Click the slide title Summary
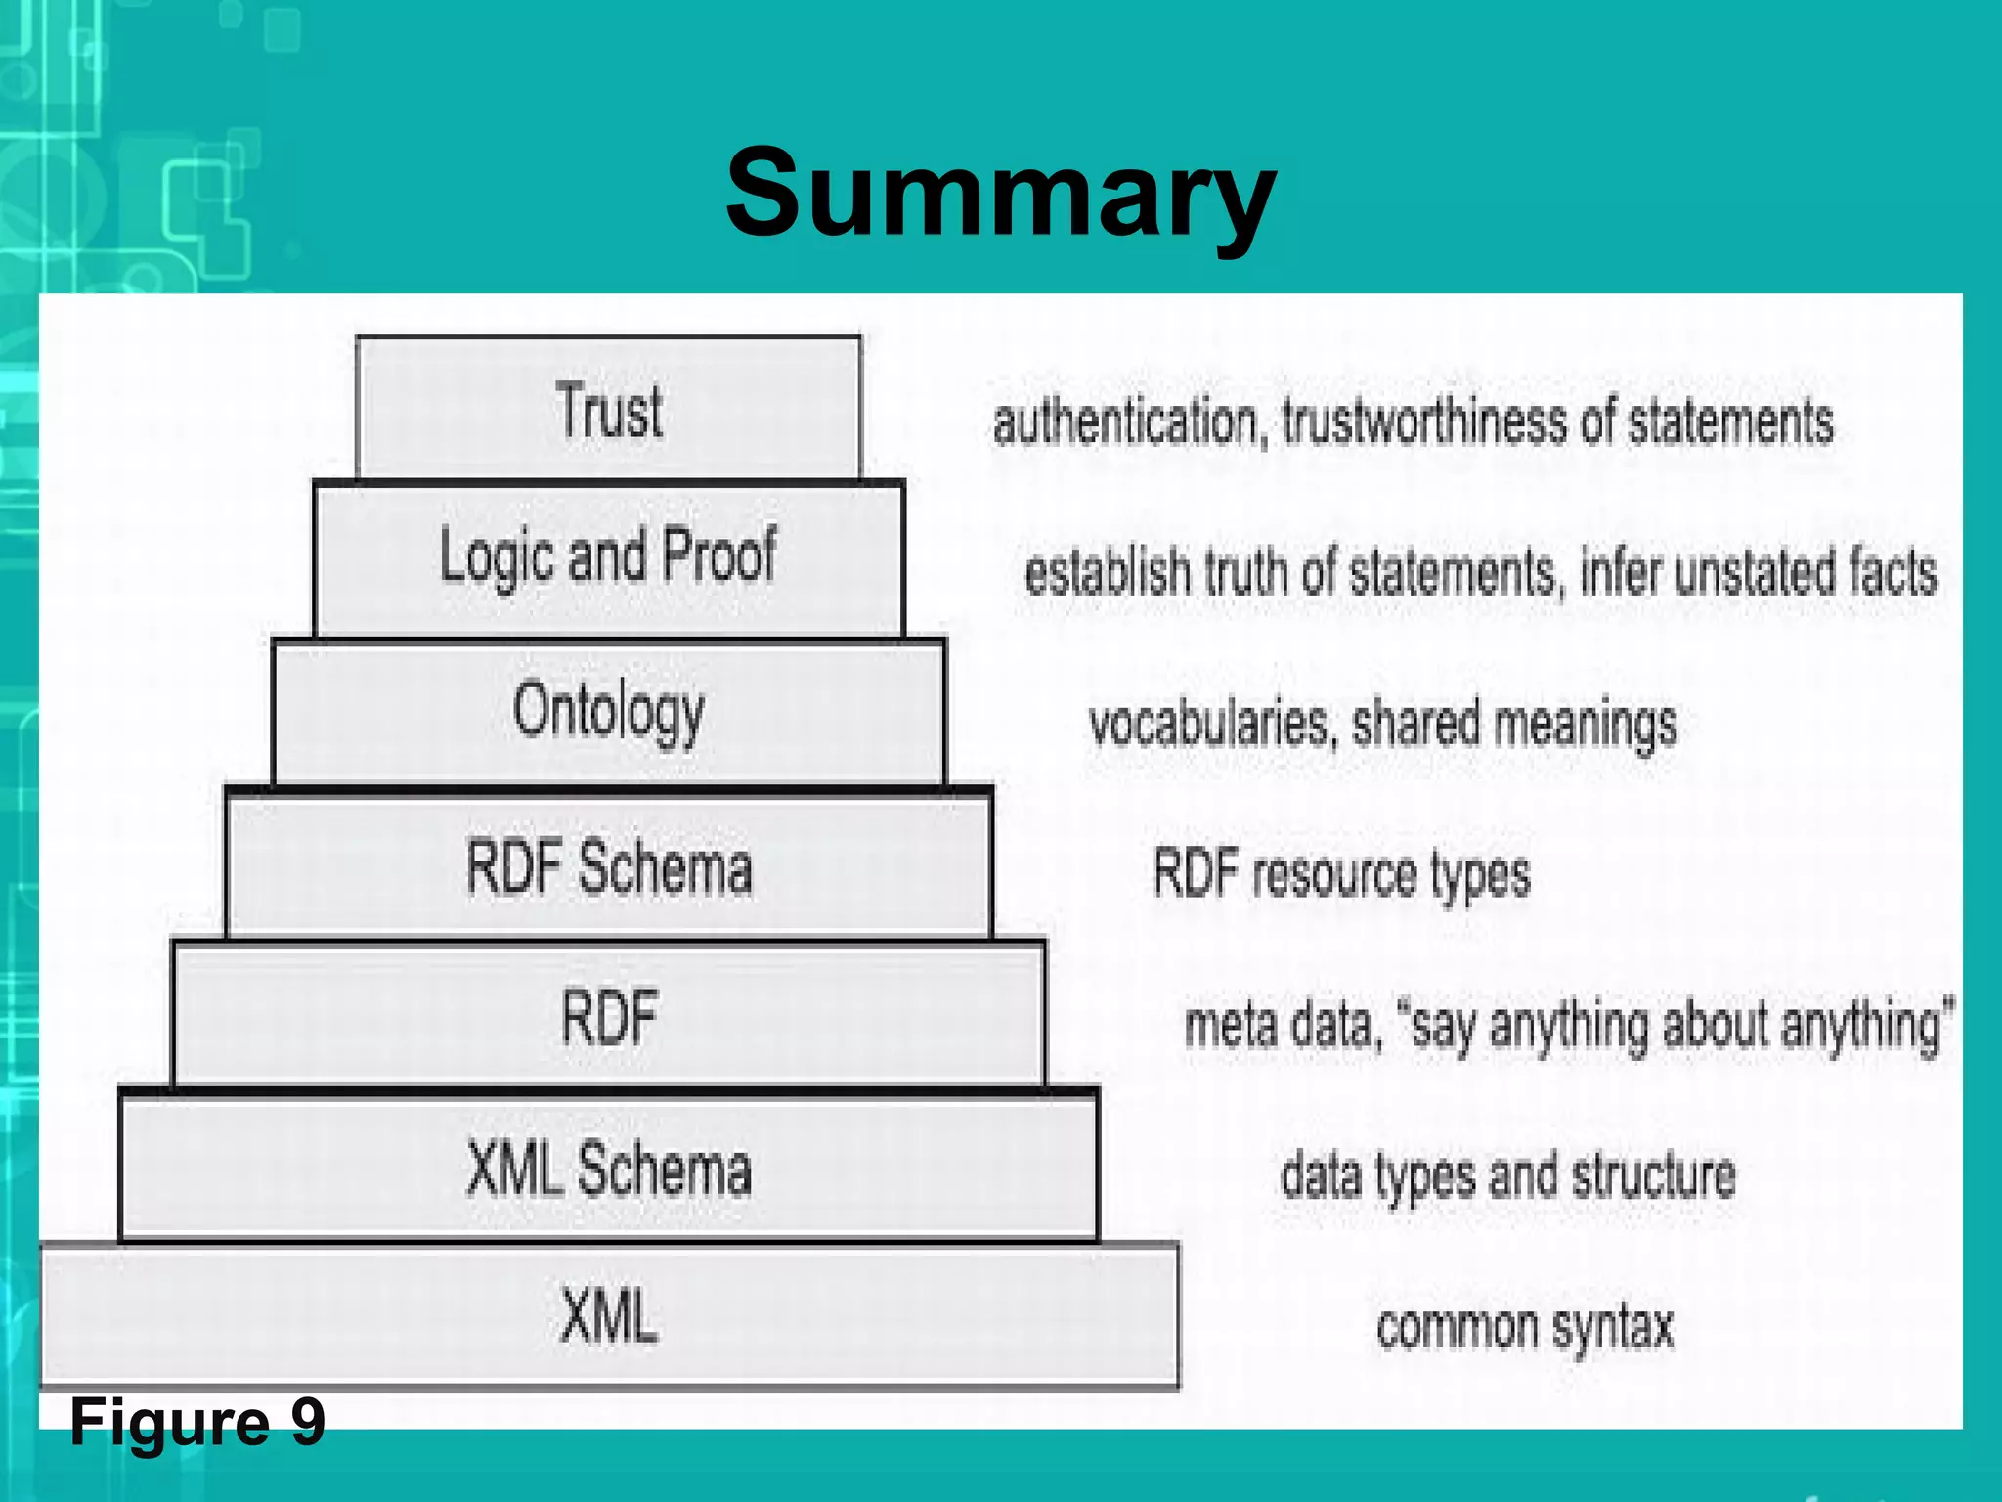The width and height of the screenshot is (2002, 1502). (1000, 193)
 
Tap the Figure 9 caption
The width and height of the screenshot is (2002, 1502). (197, 1422)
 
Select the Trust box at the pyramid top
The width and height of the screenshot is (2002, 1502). (608, 410)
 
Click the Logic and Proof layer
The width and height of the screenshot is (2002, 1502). (608, 558)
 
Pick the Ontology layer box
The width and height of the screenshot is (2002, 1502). (608, 712)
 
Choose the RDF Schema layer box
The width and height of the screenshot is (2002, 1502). (608, 866)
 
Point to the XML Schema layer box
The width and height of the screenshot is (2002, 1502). (608, 1169)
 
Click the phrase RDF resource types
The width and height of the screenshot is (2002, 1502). (1341, 874)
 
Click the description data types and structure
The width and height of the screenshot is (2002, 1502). (1508, 1176)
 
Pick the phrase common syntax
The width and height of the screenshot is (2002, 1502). (1525, 1328)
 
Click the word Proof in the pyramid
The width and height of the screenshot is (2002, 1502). (719, 556)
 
